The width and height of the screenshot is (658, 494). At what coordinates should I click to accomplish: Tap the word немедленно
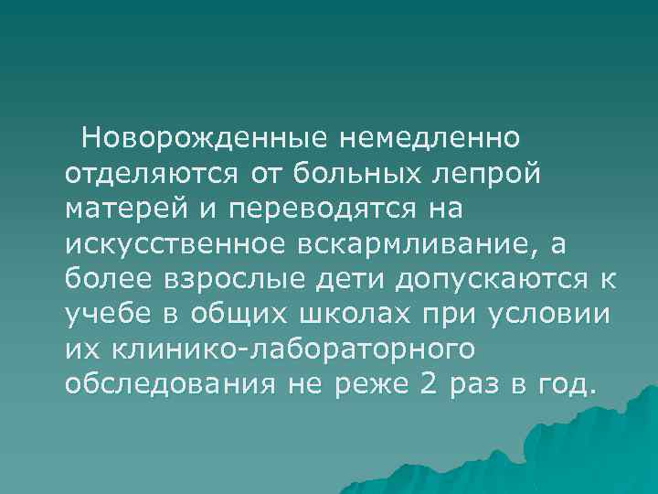pos(429,139)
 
